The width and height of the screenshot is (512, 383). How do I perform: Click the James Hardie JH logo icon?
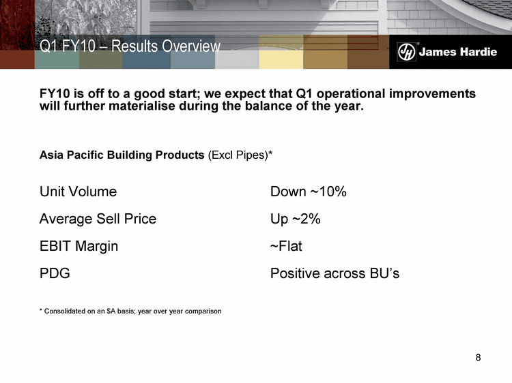click(x=407, y=52)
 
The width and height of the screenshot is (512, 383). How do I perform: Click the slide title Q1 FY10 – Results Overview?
click(x=130, y=46)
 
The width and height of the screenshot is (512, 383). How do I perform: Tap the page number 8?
click(x=478, y=358)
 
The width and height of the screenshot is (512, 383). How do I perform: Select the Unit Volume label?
click(x=78, y=191)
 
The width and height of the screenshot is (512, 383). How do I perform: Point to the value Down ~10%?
click(x=309, y=191)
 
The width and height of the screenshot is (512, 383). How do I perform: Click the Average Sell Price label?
click(x=98, y=219)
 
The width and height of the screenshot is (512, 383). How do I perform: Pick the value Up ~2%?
click(x=295, y=219)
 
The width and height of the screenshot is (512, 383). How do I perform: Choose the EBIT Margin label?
click(x=79, y=247)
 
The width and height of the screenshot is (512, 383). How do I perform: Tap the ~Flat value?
click(x=286, y=246)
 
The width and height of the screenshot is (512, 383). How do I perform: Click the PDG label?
click(x=55, y=273)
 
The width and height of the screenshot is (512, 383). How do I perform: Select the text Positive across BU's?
click(x=335, y=273)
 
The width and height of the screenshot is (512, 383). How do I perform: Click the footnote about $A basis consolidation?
click(x=130, y=311)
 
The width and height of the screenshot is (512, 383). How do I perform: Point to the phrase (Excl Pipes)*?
click(x=240, y=155)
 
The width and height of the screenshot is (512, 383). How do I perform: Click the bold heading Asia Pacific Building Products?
click(x=122, y=155)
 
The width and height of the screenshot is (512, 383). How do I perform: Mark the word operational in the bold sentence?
click(x=351, y=94)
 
